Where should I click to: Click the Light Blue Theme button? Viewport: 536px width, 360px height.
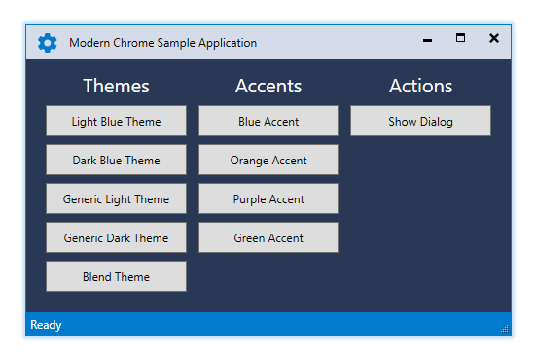point(116,121)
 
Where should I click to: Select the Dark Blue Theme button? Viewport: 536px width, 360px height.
point(116,160)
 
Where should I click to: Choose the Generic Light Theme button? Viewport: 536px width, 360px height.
point(116,198)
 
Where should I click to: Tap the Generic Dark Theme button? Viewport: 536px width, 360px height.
point(116,237)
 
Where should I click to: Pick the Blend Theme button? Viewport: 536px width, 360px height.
point(116,276)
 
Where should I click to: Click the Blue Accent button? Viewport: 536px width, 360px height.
point(268,121)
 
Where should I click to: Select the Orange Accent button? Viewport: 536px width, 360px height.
point(268,160)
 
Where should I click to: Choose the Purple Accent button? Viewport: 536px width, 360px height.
point(268,198)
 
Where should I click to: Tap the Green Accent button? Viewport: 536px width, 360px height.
point(268,237)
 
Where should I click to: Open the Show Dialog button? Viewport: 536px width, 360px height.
point(420,121)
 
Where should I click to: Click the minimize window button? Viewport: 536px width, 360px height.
point(427,40)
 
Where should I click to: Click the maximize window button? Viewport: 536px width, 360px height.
point(460,38)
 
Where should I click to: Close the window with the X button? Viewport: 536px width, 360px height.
point(494,38)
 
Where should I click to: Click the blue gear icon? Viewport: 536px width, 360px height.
point(48,43)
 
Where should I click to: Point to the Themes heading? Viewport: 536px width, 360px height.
point(116,86)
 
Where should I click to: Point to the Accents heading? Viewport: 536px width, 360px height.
point(268,86)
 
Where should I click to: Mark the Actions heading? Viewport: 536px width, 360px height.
point(421,86)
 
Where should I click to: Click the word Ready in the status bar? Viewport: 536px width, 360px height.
point(46,325)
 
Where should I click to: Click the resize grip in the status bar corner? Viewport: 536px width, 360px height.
point(505,329)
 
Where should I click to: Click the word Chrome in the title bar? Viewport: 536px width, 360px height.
point(133,43)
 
